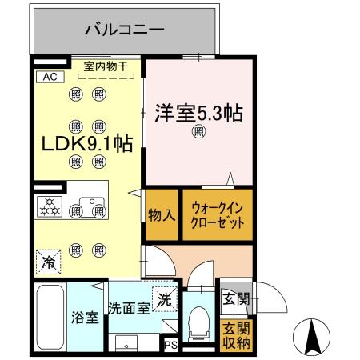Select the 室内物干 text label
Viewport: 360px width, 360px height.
tap(106, 66)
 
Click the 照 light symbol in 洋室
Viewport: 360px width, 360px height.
tap(198, 134)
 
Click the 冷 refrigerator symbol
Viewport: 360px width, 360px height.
tap(49, 262)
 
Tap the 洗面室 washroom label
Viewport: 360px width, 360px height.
tap(128, 309)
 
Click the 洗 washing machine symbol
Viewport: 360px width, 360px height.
tap(163, 300)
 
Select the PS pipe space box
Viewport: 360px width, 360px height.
tap(170, 346)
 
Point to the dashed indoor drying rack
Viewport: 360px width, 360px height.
tap(106, 78)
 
